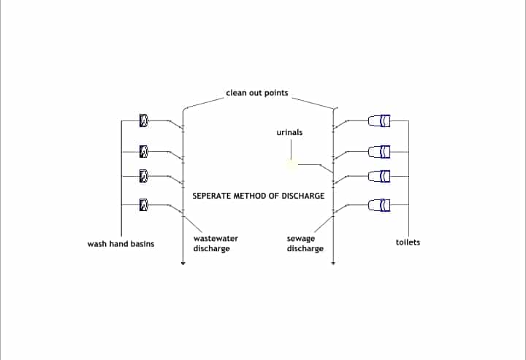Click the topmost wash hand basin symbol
[144, 119]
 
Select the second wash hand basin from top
[144, 151]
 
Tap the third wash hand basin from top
[144, 175]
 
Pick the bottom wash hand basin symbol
[144, 205]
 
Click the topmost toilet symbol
[381, 120]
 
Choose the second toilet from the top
[381, 151]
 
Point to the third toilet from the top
[381, 176]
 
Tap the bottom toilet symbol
[381, 204]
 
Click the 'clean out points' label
[256, 94]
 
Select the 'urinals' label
[290, 133]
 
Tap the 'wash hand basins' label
[121, 244]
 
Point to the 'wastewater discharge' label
[216, 244]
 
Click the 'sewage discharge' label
[305, 244]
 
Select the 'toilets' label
[408, 242]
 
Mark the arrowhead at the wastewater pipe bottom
[183, 263]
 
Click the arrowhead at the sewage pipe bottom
[333, 263]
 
